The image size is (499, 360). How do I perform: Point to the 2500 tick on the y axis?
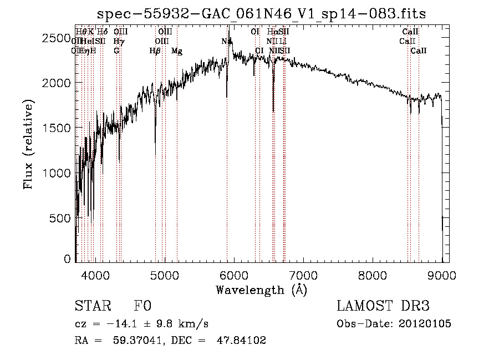tap(56, 38)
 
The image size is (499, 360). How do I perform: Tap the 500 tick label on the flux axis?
tap(60, 218)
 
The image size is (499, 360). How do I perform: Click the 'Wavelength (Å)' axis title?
tap(261, 290)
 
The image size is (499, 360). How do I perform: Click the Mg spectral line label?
tap(177, 51)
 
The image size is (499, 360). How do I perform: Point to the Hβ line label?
tap(155, 51)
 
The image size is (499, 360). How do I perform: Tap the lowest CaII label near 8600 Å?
tap(419, 51)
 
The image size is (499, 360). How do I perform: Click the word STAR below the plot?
tap(91, 306)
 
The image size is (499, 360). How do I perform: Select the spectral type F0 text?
tap(142, 306)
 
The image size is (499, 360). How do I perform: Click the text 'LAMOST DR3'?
tap(383, 306)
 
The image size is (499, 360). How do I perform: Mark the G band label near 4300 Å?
tap(116, 51)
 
